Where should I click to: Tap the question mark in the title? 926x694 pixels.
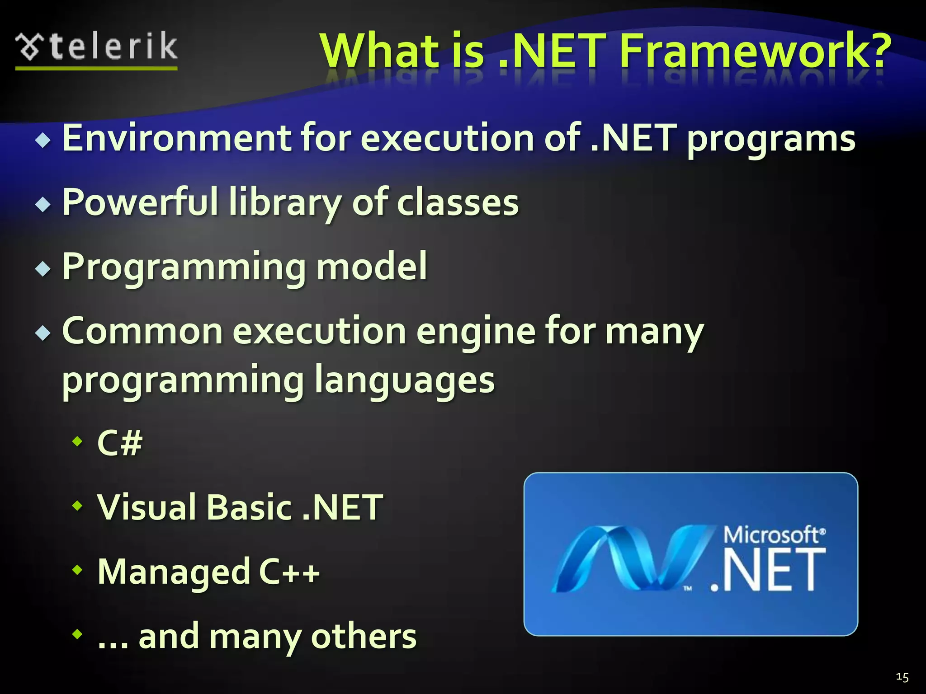875,51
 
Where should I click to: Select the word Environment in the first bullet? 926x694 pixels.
177,138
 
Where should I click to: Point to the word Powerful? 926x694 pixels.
141,202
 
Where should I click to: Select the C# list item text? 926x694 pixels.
120,442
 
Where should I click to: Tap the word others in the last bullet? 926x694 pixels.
364,636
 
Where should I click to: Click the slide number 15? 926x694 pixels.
902,677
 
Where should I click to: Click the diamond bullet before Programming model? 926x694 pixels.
43,269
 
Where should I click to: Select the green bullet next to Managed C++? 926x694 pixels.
78,570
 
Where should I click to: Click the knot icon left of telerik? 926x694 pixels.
29,47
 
